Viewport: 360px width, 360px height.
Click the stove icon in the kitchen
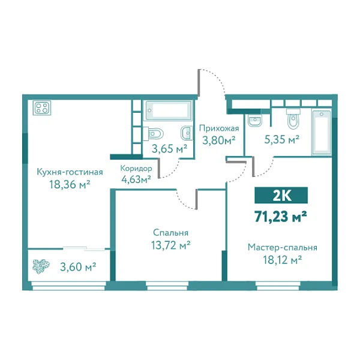43,109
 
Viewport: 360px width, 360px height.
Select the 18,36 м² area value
69,185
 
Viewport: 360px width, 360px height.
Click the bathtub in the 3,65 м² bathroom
169,111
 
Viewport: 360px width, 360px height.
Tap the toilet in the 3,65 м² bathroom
153,133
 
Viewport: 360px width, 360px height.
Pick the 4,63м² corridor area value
136,178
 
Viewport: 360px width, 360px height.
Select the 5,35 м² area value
282,140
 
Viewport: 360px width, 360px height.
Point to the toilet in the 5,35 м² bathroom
293,120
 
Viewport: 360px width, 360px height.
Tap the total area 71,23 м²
281,216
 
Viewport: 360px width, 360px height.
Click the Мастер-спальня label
282,247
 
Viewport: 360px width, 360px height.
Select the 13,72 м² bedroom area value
171,245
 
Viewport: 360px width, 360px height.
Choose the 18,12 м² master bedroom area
282,260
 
